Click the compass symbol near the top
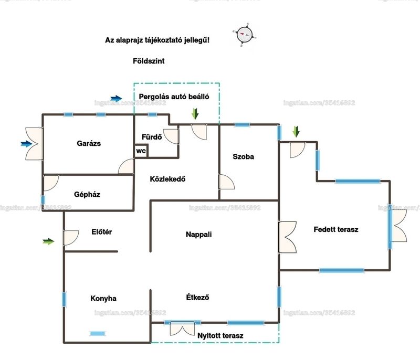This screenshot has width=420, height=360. pyautogui.click(x=245, y=35)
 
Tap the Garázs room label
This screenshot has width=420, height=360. pyautogui.click(x=89, y=143)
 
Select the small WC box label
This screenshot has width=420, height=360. pyautogui.click(x=141, y=151)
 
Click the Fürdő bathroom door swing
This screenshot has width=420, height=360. pyautogui.click(x=171, y=136)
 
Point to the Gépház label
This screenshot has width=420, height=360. pyautogui.click(x=87, y=195)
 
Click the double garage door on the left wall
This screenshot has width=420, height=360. pyautogui.click(x=34, y=144)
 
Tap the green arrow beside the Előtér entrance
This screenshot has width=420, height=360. pyautogui.click(x=48, y=241)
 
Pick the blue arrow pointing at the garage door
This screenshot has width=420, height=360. pyautogui.click(x=27, y=144)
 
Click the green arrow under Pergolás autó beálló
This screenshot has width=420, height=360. pyautogui.click(x=195, y=113)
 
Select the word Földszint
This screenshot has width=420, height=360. pyautogui.click(x=149, y=61)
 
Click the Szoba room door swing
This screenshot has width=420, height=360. pyautogui.click(x=227, y=182)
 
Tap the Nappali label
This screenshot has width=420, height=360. pyautogui.click(x=199, y=235)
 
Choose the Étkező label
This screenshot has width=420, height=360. pyautogui.click(x=198, y=297)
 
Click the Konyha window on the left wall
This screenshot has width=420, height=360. pyautogui.click(x=64, y=300)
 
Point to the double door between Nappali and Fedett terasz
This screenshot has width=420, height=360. pyautogui.click(x=287, y=237)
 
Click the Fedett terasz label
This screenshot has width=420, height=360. pyautogui.click(x=336, y=229)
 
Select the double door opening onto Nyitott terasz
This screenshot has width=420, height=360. pyautogui.click(x=182, y=329)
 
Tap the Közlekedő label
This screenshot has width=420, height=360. pyautogui.click(x=167, y=179)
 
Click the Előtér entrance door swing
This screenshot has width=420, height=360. pyautogui.click(x=71, y=238)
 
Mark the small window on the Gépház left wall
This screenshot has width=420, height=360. pyautogui.click(x=43, y=200)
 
